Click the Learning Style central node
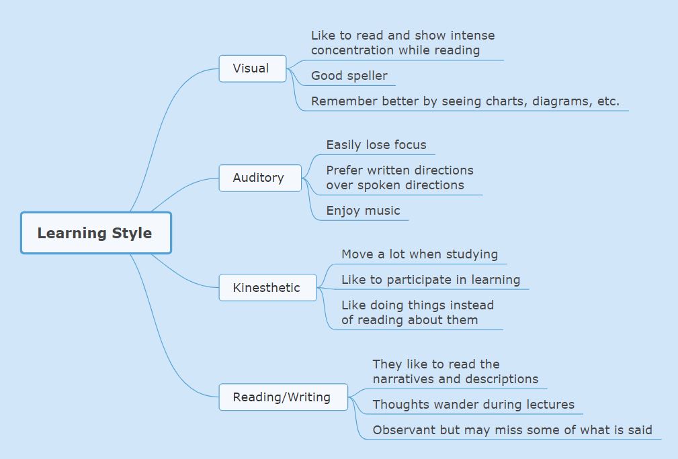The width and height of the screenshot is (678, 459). pos(95,233)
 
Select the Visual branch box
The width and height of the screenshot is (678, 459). pos(252,68)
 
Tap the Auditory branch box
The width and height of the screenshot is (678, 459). pos(259,178)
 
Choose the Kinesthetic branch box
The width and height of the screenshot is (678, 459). pos(267,288)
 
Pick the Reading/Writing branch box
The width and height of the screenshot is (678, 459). pos(282,397)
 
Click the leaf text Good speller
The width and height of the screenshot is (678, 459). pos(349,76)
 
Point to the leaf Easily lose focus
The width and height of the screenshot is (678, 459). pos(376,145)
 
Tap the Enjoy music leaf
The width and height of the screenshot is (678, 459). pos(363,211)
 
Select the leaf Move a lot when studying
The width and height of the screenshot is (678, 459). pos(419,254)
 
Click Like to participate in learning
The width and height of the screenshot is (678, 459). pos(430,280)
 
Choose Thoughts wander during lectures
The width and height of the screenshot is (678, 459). pos(473,405)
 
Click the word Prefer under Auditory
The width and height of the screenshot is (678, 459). pos(345,170)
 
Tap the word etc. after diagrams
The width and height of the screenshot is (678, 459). pos(607,101)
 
